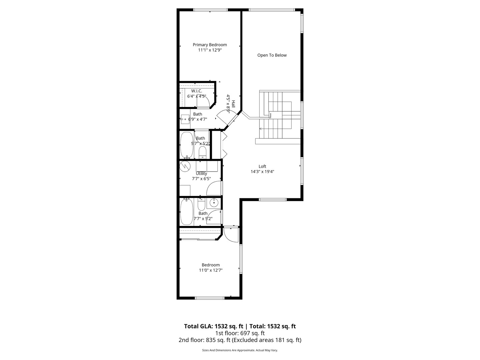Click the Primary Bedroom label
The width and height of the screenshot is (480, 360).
coord(210,45)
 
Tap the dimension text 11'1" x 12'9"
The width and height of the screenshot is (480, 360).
coord(210,50)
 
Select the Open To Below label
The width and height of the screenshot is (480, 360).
coord(272,55)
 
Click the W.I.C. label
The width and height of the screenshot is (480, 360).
coord(196,91)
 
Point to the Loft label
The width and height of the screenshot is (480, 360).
coord(262,166)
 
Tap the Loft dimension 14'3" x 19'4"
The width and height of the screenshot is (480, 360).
coord(262,172)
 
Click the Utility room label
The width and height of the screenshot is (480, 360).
coord(201,173)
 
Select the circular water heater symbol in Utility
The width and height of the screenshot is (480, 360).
coord(184,166)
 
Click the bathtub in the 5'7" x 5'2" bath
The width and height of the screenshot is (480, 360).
coord(186,145)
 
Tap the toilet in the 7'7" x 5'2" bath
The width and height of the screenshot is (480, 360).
coord(201,204)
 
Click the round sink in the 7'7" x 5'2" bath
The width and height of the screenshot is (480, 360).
coord(214,202)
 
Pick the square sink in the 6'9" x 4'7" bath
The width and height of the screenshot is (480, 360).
coord(185,119)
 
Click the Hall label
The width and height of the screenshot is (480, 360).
coord(233,104)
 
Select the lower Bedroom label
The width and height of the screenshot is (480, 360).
coord(210,265)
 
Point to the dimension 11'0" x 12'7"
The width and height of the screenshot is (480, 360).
coord(210,270)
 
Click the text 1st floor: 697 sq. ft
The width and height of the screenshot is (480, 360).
coord(240,333)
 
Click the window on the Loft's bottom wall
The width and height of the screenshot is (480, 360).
coord(273,200)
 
